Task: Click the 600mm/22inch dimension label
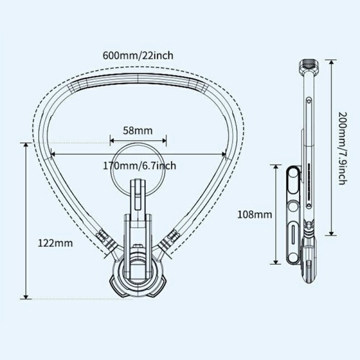(138, 55)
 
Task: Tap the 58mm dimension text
(138, 130)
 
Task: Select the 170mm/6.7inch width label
(139, 166)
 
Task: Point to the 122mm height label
(55, 243)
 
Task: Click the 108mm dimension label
(255, 215)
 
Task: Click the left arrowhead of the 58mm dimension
(112, 140)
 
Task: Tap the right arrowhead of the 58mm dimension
(164, 140)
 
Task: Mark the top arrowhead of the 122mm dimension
(26, 144)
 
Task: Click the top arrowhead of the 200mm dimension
(331, 62)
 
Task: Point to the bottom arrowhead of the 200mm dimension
(331, 233)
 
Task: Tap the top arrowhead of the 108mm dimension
(276, 166)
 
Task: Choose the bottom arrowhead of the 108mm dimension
(276, 262)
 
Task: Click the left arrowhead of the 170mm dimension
(52, 154)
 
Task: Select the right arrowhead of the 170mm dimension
(224, 154)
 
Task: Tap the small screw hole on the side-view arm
(309, 101)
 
